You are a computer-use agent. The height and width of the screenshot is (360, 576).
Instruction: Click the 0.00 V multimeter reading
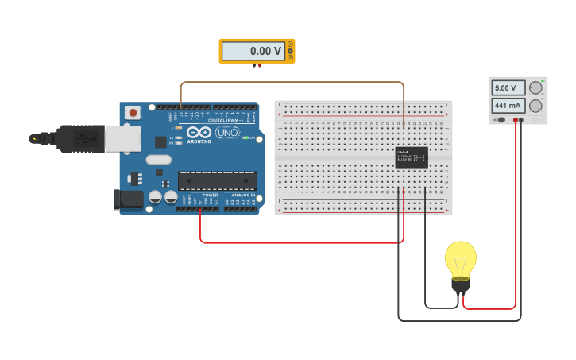point(253,51)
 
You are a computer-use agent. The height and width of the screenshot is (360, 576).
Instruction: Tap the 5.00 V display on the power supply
point(508,87)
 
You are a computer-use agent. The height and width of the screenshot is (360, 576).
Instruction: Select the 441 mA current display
point(508,105)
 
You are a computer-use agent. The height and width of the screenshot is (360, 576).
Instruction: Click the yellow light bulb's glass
point(460,257)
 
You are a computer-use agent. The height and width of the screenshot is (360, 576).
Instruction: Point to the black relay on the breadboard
point(412,157)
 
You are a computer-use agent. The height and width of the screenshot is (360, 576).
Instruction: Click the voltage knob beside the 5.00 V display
point(536,87)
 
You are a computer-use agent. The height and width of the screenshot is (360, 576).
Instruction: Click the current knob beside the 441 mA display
point(536,106)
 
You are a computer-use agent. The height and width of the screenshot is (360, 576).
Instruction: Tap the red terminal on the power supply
point(516,120)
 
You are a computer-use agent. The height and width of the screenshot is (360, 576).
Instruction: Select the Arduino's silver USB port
point(123,138)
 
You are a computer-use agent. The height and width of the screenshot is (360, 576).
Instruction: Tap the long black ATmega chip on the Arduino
point(217,180)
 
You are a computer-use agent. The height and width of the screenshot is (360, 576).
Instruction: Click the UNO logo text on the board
point(227,132)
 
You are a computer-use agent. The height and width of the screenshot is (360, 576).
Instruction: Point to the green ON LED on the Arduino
point(245,138)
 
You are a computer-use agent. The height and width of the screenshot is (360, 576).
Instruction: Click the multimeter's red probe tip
point(259,67)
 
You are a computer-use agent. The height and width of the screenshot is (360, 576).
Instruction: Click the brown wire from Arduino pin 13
point(294,82)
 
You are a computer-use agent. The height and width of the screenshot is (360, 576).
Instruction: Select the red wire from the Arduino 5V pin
point(302,242)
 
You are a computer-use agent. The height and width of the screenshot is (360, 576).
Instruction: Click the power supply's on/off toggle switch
point(501,120)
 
